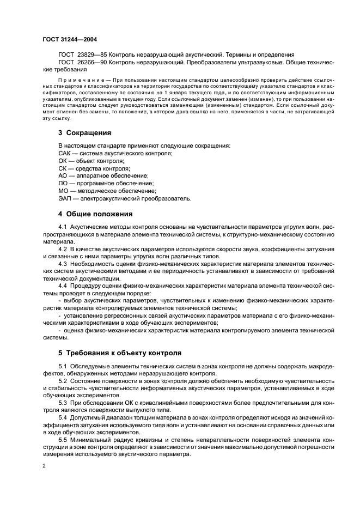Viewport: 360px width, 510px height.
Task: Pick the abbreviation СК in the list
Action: click(x=63, y=168)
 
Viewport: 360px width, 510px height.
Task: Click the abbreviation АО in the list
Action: click(x=63, y=176)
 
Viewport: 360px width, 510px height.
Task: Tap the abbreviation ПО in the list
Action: click(x=63, y=184)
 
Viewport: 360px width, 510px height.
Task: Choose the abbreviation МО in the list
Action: click(x=63, y=191)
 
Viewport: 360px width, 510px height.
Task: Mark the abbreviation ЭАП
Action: click(x=65, y=199)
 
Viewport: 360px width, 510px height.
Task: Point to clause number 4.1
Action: click(x=62, y=226)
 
